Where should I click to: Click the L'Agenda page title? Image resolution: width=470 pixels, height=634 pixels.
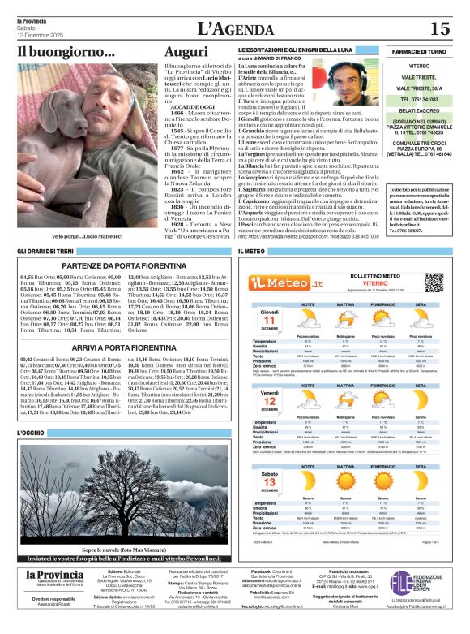pyautogui.click(x=234, y=30)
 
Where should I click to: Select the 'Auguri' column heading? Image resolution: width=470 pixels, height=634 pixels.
pyautogui.click(x=186, y=52)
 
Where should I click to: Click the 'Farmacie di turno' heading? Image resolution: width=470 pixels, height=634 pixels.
pyautogui.click(x=420, y=50)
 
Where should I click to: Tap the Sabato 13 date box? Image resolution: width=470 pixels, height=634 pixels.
pyautogui.click(x=270, y=481)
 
